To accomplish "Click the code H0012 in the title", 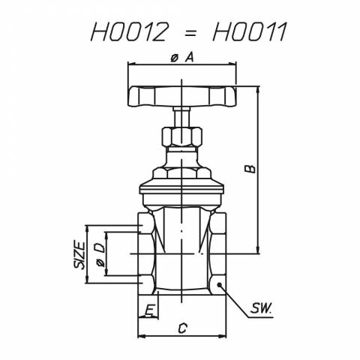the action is tap(128, 31).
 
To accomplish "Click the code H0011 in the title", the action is tap(250, 31).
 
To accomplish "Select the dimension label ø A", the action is tap(182, 58).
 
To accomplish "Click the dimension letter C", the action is tap(182, 328).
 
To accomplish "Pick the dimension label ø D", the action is tap(100, 255).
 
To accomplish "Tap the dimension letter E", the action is tap(149, 310).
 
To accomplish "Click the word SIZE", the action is tap(79, 255).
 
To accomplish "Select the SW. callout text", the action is tap(261, 308).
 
